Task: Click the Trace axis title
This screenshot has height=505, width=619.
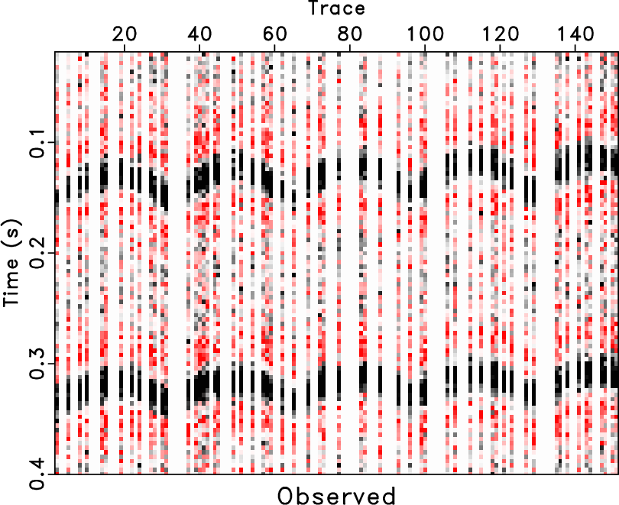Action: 336,9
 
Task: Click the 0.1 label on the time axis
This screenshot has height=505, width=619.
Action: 34,143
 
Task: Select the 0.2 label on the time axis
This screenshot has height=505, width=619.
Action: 34,254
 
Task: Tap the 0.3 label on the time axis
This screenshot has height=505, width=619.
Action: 34,364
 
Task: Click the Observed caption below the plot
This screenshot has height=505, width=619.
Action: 336,495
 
